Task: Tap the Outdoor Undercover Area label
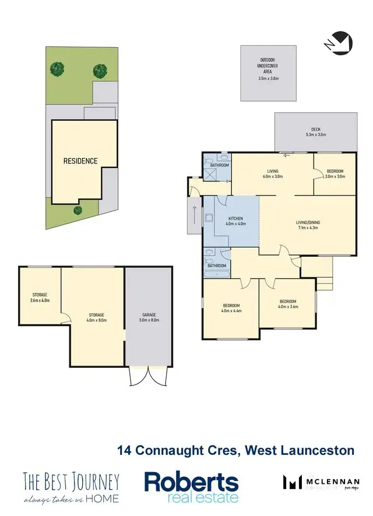[269, 69]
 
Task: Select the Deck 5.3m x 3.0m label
[315, 132]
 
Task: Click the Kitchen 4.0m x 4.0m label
[235, 220]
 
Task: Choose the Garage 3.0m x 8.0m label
[149, 317]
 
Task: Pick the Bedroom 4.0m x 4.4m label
[231, 308]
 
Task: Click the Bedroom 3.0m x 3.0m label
[335, 173]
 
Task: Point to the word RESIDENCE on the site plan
[80, 161]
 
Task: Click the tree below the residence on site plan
[77, 210]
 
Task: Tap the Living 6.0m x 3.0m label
[271, 173]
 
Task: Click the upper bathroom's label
[219, 165]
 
